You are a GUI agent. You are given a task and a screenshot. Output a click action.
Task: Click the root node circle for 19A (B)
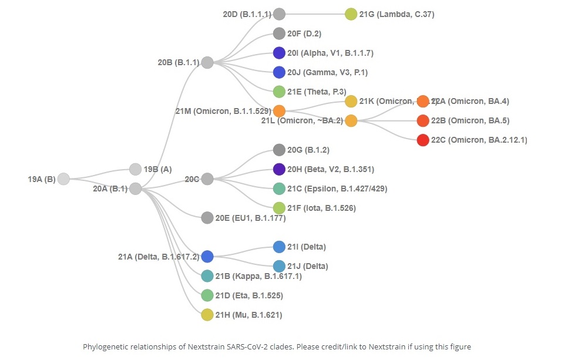click(63, 179)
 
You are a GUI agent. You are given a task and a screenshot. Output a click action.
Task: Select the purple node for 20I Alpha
click(280, 53)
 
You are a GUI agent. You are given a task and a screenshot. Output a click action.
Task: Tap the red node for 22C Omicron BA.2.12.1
click(423, 140)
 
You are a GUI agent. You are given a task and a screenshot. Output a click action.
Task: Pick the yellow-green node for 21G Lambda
click(351, 14)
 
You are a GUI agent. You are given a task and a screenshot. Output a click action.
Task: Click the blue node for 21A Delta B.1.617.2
click(207, 257)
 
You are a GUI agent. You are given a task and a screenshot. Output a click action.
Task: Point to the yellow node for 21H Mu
click(207, 315)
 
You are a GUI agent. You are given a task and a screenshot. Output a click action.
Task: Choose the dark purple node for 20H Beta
click(280, 169)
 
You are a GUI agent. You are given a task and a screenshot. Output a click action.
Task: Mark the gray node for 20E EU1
click(207, 218)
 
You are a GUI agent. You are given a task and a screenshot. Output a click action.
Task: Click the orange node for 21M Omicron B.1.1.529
click(280, 111)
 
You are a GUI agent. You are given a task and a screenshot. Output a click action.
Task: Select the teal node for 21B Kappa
click(207, 276)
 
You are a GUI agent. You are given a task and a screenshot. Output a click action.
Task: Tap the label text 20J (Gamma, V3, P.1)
click(328, 72)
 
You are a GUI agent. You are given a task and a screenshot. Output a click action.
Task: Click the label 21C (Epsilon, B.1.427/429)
click(338, 189)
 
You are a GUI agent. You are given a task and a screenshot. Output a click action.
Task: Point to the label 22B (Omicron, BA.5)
click(470, 121)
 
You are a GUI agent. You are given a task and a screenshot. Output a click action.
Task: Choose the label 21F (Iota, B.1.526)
click(322, 208)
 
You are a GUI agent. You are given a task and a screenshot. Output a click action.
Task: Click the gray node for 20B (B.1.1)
click(207, 62)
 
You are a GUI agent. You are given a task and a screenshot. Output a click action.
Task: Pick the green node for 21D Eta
click(207, 295)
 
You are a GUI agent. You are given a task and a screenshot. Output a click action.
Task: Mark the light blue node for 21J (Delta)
click(280, 266)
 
